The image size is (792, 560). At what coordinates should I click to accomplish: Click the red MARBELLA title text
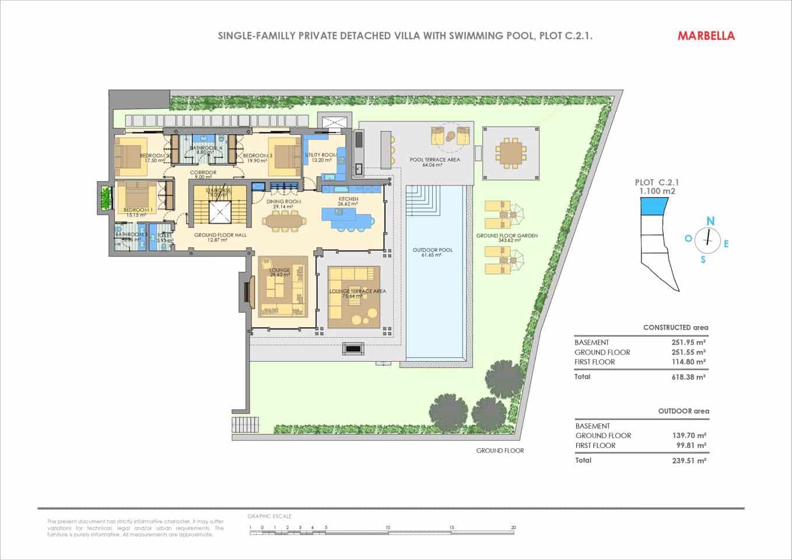[706, 36]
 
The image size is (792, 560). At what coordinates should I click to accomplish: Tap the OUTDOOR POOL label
[432, 250]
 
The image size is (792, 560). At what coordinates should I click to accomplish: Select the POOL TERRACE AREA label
[434, 160]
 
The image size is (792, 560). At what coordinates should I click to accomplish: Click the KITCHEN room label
[348, 199]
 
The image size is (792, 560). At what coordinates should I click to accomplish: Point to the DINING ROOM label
[283, 202]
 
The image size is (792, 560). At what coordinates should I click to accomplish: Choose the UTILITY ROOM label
[321, 155]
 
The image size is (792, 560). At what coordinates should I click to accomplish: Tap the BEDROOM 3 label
[258, 156]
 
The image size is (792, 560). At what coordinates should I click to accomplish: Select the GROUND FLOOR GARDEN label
[506, 236]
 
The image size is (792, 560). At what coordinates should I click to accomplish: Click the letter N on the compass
[710, 220]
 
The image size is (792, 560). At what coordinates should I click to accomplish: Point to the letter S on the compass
[703, 260]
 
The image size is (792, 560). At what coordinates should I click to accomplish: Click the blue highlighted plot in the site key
[654, 205]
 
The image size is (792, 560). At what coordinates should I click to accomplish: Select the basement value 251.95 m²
[688, 342]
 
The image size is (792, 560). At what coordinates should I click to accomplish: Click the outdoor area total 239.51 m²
[689, 460]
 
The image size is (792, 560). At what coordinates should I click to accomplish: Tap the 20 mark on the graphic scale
[513, 527]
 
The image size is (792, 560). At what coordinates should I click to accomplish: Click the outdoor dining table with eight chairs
[510, 153]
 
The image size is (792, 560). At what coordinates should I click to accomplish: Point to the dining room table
[283, 221]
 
